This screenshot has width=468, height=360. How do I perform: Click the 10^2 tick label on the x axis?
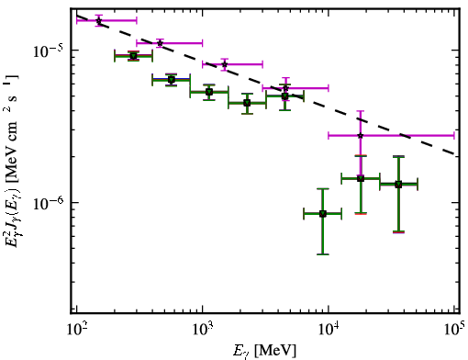point(76,330)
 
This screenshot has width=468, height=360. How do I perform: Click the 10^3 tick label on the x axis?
point(202,330)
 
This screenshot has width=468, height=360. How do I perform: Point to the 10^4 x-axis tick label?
point(329,330)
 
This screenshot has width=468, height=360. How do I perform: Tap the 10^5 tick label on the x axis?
point(455,329)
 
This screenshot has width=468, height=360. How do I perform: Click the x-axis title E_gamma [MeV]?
point(264,351)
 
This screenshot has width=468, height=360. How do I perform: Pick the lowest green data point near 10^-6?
point(323,214)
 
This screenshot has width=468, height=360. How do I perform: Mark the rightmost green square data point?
point(398,185)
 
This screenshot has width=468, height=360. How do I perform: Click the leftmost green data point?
point(133,56)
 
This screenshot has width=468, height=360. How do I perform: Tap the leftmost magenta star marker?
point(99,20)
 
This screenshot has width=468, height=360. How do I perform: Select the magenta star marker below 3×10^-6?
point(361,135)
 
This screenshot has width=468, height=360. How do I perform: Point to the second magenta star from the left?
point(160,43)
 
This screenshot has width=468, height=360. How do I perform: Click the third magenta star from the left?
point(225,64)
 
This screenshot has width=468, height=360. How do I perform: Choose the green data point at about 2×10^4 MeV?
point(361,178)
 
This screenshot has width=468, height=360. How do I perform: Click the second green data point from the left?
point(172,80)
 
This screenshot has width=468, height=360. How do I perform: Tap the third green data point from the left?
point(209,92)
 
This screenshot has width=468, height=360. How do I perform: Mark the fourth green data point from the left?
point(247,103)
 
